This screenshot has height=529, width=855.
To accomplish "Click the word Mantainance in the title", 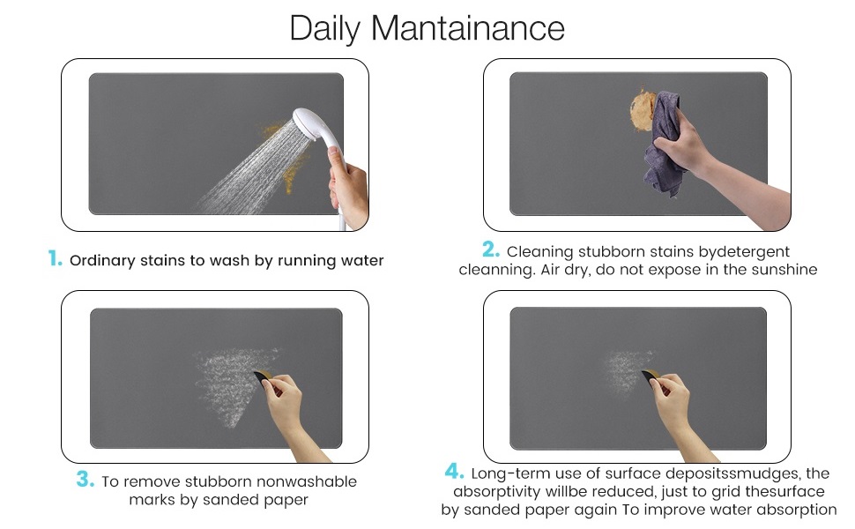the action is [x=467, y=28].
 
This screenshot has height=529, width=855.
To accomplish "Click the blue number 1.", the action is [x=55, y=258].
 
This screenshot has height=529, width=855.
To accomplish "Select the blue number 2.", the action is [x=491, y=250].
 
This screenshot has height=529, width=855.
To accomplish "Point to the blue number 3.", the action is [x=85, y=480].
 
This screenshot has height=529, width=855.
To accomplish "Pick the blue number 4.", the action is [x=454, y=471].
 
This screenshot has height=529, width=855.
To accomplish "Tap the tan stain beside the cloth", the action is [x=642, y=109].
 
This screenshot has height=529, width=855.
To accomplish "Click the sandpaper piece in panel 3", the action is [x=263, y=376].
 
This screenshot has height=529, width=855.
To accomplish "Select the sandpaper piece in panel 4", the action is [x=651, y=376].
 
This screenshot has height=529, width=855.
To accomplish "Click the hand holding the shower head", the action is [x=349, y=188].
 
